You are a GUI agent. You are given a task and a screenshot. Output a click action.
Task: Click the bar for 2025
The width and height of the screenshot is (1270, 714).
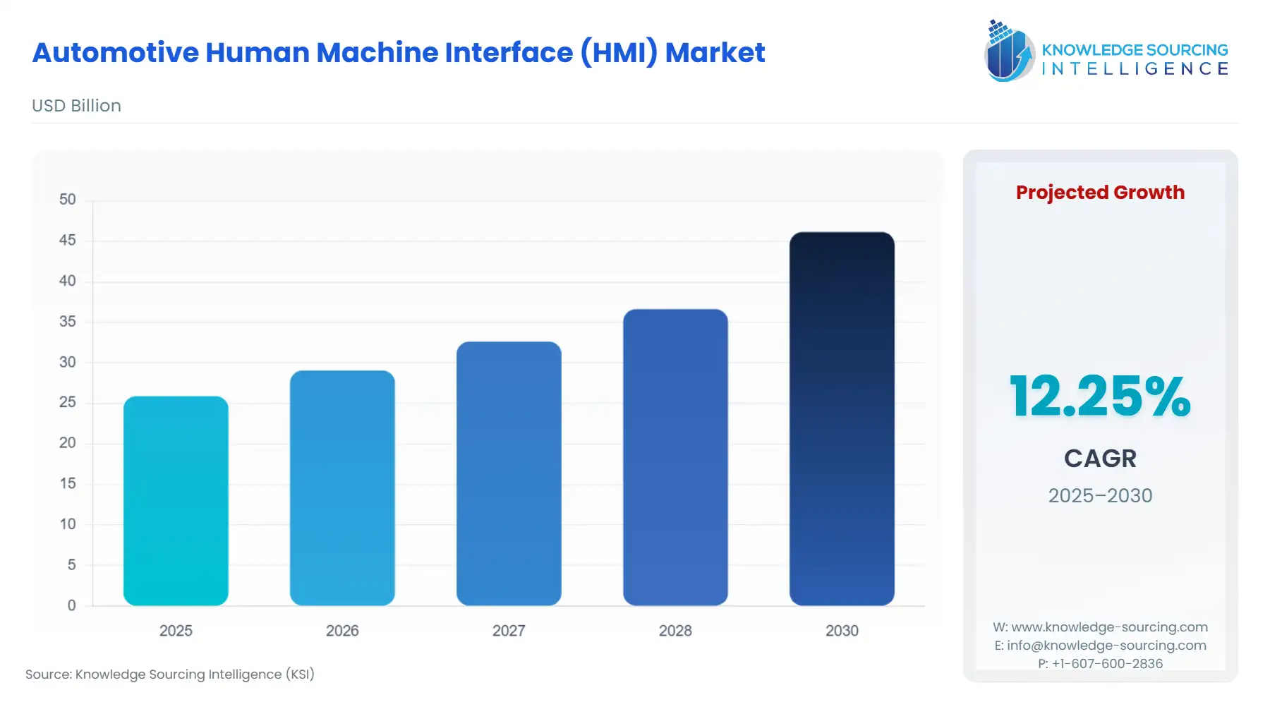(x=176, y=501)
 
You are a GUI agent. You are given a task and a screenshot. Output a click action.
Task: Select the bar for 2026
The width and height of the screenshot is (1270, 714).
(x=342, y=488)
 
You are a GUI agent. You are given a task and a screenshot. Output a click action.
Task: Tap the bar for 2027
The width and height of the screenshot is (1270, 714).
(x=509, y=473)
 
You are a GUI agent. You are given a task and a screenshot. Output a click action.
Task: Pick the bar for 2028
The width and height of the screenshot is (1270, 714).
(x=675, y=457)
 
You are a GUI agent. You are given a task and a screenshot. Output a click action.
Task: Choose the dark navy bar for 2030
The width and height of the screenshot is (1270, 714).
(x=842, y=419)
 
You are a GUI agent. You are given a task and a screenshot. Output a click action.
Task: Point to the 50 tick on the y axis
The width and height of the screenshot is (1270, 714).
(x=68, y=200)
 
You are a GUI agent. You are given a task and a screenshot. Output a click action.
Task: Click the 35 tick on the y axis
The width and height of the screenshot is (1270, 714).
(x=68, y=322)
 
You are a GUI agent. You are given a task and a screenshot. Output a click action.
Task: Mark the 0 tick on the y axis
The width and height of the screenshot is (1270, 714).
(x=71, y=605)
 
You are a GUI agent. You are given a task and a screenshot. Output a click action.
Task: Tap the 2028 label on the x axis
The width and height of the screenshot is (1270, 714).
(x=675, y=631)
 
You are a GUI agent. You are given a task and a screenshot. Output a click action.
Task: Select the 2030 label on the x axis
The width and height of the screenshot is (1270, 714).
(x=842, y=631)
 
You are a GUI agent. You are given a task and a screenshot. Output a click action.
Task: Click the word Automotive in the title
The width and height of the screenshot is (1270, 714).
(x=116, y=53)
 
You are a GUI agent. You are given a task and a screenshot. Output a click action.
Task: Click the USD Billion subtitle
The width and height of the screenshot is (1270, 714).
(x=76, y=106)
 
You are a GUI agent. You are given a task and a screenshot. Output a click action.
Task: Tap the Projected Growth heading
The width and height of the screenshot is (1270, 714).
(x=1100, y=193)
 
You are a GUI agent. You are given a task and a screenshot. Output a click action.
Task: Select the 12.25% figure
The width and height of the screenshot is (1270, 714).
(x=1100, y=397)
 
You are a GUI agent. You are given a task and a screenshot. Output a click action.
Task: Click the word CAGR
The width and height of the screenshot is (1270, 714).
(x=1100, y=459)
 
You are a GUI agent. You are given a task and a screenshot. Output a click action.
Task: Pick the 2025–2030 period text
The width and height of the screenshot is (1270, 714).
(x=1100, y=495)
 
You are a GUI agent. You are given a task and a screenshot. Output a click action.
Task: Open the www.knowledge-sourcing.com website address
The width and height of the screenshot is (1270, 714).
(x=1109, y=627)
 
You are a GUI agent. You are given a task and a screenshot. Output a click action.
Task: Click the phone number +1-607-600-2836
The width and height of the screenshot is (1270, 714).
(x=1107, y=664)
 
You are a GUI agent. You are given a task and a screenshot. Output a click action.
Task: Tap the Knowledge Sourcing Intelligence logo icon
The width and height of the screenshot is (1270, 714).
(x=1009, y=51)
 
